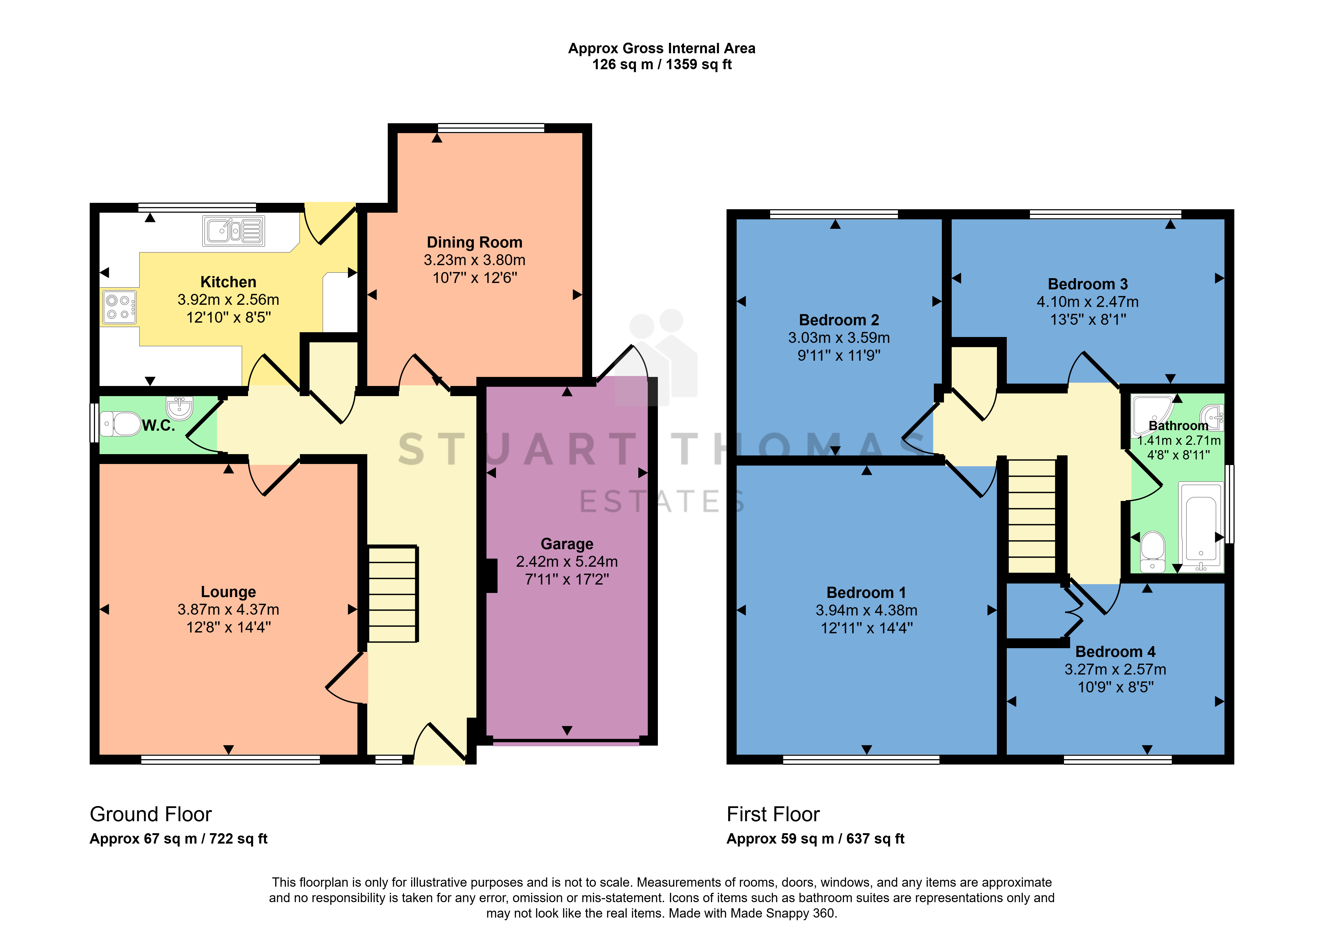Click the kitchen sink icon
[x=233, y=231]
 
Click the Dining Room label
[x=474, y=242]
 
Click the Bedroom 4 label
[x=1115, y=652]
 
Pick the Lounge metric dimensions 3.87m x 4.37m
[x=228, y=610]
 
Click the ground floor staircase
[x=393, y=594]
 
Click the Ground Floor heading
[x=151, y=814]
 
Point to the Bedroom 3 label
[x=1088, y=284]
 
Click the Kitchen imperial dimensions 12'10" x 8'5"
[x=228, y=318]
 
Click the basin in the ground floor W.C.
[x=180, y=408]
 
